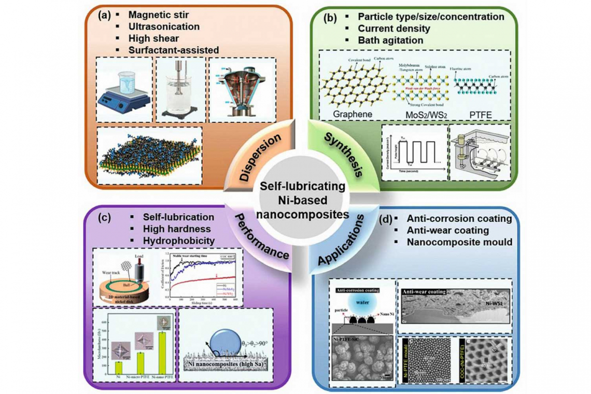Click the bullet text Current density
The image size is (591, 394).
pyautogui.click(x=399, y=29)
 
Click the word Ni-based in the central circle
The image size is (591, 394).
pyautogui.click(x=296, y=200)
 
